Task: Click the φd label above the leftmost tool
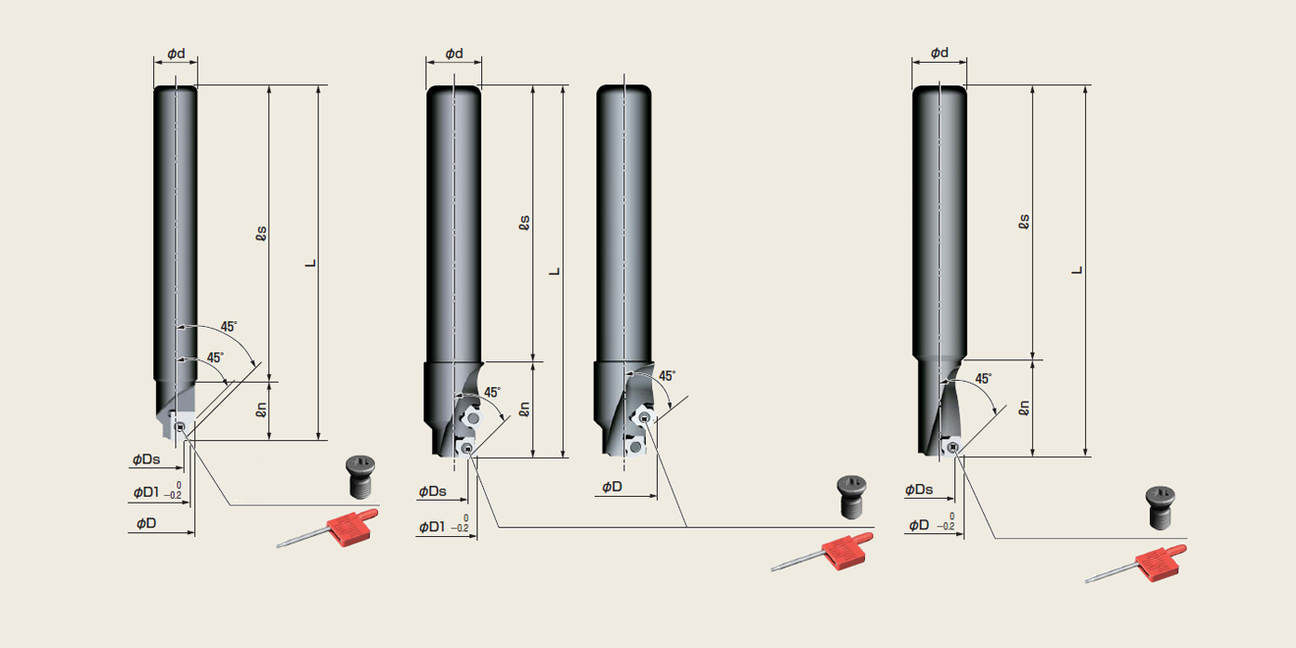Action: point(177,53)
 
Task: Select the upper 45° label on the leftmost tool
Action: point(229,327)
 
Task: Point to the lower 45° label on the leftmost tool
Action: point(215,357)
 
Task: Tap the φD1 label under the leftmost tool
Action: point(146,492)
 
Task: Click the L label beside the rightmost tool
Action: point(1077,270)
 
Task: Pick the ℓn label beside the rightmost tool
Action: point(1024,408)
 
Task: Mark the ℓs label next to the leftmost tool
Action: point(261,233)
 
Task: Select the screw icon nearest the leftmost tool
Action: point(360,476)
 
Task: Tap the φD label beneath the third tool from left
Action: point(612,487)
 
